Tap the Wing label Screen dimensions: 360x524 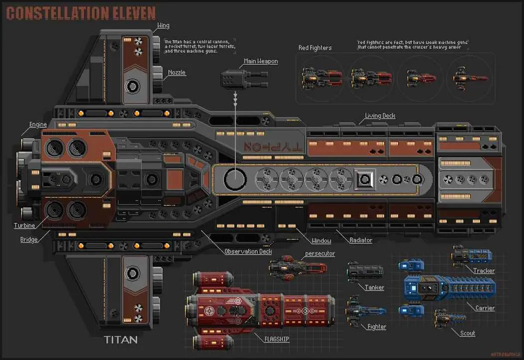(x=163, y=25)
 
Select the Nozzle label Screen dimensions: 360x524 (x=176, y=72)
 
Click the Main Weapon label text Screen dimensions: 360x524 (x=261, y=61)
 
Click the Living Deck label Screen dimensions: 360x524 (x=380, y=116)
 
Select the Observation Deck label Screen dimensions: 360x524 (x=248, y=251)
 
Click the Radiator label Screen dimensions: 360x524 (x=361, y=240)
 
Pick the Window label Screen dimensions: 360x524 (x=321, y=241)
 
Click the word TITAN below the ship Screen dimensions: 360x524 (x=120, y=340)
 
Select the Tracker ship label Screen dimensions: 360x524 (x=484, y=271)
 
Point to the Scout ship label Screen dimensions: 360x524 (x=467, y=333)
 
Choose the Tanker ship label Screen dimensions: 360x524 (x=374, y=287)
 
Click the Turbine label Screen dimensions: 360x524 (x=24, y=225)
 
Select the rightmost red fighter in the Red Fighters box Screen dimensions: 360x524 (x=470, y=78)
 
